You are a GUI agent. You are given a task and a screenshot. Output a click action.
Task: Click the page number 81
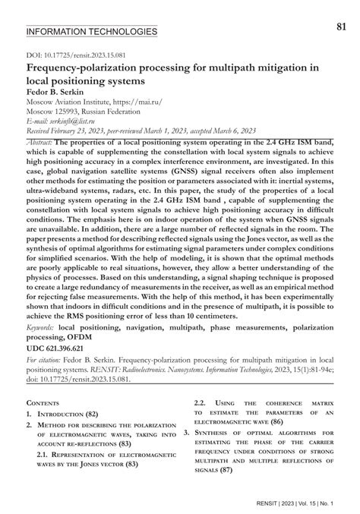341,27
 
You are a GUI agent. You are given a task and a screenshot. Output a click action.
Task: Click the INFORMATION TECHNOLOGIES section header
91,32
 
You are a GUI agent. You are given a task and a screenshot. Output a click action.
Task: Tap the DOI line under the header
66,55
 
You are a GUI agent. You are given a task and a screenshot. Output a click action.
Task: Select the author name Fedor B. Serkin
57,90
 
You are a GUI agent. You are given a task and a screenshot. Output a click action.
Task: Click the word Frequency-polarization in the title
89,67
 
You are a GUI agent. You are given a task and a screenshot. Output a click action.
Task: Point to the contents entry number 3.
185,432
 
